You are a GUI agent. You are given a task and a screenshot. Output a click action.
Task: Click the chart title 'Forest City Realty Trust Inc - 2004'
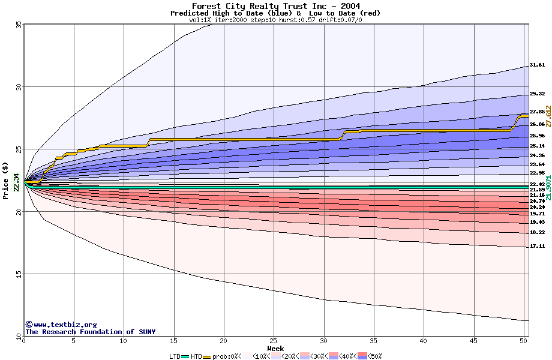(x=276, y=6)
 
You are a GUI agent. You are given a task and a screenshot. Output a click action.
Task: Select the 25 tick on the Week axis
(x=274, y=341)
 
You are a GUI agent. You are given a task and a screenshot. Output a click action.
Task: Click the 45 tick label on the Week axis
(x=473, y=341)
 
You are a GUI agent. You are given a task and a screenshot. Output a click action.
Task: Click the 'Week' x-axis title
(x=275, y=348)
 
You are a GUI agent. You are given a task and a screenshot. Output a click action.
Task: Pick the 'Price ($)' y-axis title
(x=6, y=180)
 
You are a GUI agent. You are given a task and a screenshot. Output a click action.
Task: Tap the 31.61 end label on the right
(x=537, y=65)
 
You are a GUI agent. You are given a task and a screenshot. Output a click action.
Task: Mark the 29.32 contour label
(x=537, y=94)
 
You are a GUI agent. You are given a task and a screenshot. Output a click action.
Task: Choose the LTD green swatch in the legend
(x=185, y=356)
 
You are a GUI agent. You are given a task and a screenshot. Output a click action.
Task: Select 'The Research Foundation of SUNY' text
(x=90, y=332)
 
